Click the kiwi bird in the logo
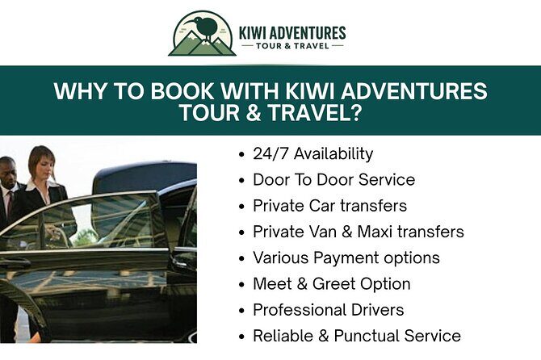point(205,28)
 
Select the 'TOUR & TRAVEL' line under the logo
point(292,46)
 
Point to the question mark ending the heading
point(354,113)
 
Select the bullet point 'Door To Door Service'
point(333,179)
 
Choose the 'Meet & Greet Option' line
point(331,283)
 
